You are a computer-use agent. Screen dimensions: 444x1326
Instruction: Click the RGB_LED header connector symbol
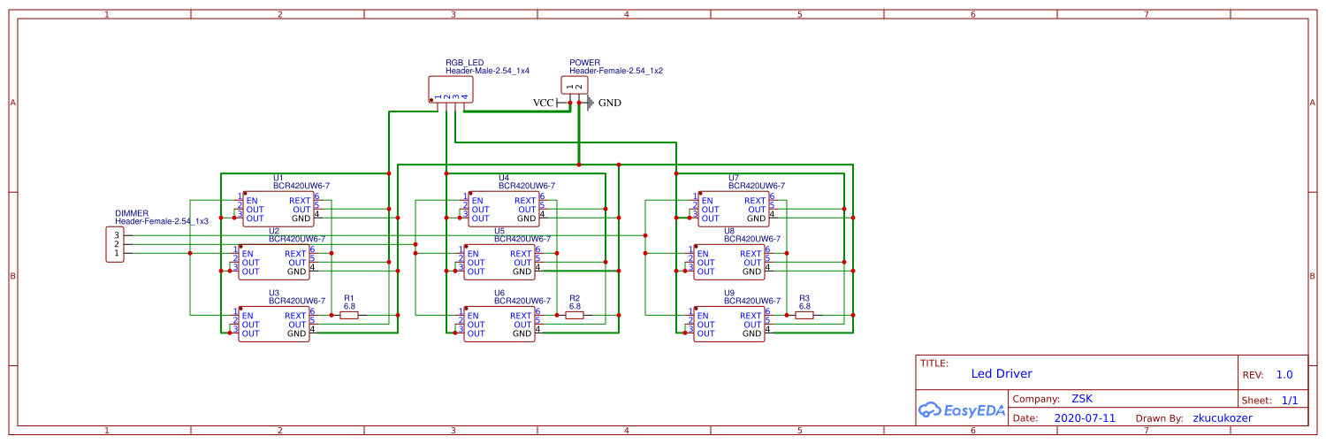tap(450, 89)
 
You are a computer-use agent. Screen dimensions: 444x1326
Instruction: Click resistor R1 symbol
tap(349, 315)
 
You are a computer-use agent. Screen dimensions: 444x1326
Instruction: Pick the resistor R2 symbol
tap(575, 315)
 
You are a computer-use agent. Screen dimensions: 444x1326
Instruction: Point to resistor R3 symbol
tap(804, 315)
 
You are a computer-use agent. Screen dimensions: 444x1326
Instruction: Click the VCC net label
tap(543, 103)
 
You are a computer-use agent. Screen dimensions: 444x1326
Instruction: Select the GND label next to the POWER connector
tap(609, 103)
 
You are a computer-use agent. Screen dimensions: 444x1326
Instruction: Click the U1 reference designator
tap(278, 178)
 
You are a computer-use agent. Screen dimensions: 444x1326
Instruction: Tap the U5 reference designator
tap(499, 231)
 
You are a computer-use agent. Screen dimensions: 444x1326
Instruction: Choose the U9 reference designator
tap(728, 293)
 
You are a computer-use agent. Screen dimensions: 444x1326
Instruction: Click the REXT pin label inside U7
tap(755, 200)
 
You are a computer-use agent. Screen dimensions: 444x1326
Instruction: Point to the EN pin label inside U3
tap(248, 316)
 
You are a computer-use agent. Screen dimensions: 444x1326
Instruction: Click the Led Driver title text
tap(1001, 374)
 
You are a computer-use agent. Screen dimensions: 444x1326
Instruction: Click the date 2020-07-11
tap(1085, 417)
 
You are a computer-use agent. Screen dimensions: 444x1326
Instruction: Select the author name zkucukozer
tap(1222, 417)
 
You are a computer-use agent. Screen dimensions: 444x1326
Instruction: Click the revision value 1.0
tap(1284, 374)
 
